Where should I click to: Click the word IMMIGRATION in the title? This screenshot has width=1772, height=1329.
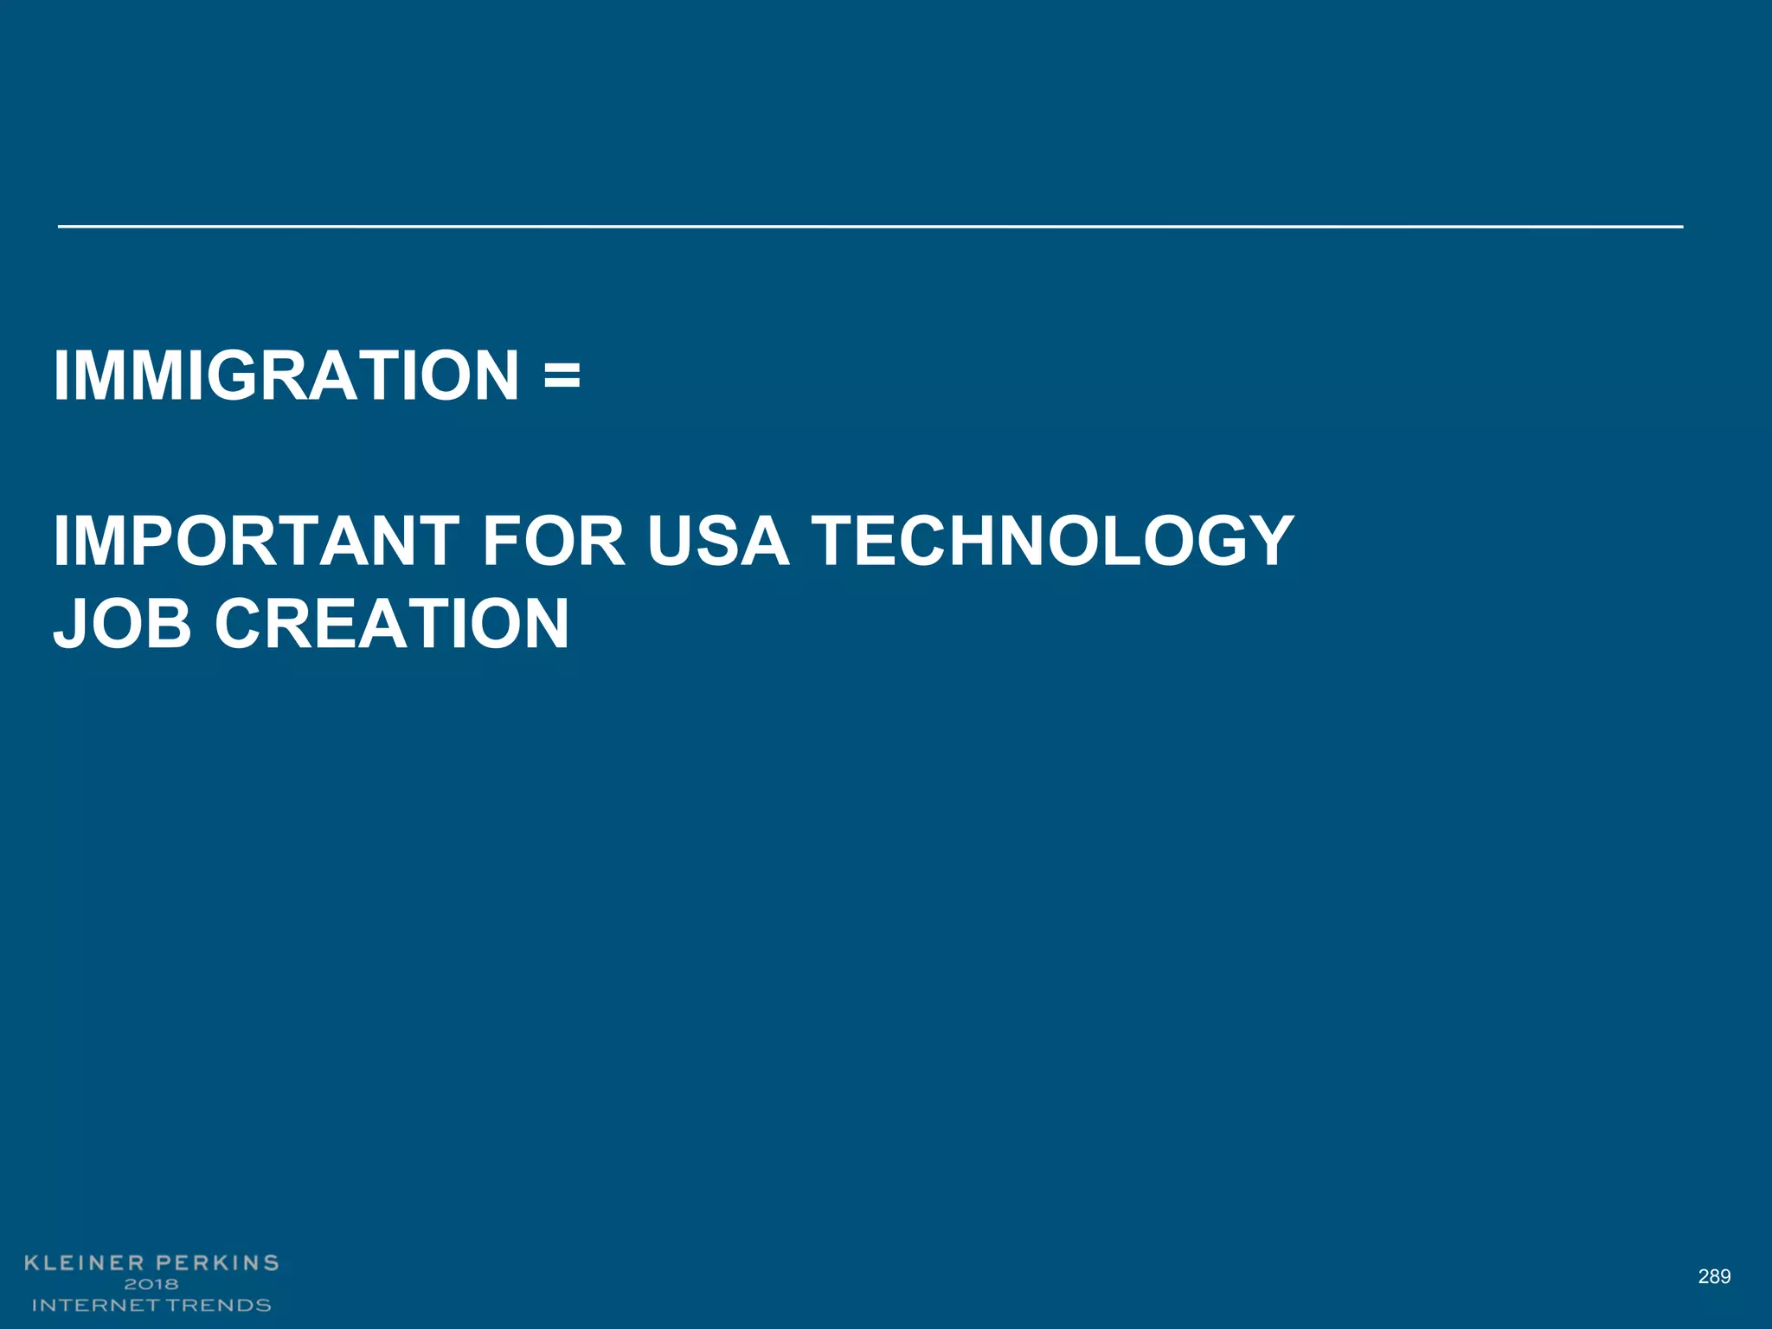(286, 376)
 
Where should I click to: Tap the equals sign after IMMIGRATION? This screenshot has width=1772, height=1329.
(562, 377)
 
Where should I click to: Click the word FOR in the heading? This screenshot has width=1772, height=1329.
(554, 542)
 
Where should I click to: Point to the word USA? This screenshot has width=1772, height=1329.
(718, 542)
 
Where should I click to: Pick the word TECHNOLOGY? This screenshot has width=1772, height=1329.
(1052, 542)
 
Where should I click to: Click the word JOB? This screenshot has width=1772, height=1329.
(122, 623)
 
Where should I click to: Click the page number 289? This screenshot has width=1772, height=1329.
(1714, 1276)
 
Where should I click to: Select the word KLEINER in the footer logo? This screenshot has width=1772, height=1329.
(84, 1263)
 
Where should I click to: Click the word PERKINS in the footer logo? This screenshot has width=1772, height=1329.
(217, 1263)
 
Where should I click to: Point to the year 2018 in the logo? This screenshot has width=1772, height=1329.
(151, 1284)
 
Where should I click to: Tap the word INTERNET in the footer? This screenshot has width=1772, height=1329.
(95, 1305)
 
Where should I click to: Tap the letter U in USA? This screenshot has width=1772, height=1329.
(674, 542)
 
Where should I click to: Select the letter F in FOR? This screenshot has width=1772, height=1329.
(501, 542)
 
